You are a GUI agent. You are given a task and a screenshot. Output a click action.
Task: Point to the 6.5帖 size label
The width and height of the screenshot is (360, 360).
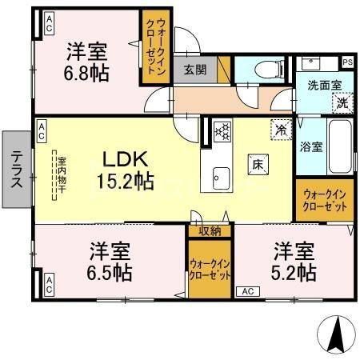pos(109,272)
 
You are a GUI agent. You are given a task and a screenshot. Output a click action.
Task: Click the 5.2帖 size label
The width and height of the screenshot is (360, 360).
pos(294,272)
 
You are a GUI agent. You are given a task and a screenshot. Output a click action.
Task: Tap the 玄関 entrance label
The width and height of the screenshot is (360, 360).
pos(195,70)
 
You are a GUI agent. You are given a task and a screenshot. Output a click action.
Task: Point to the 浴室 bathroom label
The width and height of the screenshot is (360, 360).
pos(310,146)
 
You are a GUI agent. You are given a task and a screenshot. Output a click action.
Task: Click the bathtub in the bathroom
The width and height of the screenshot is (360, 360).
pos(339,146)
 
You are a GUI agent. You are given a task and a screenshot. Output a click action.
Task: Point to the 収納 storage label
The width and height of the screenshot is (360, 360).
pos(210,231)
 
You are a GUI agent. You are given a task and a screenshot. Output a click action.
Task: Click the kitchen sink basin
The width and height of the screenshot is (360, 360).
pos(220,177)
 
